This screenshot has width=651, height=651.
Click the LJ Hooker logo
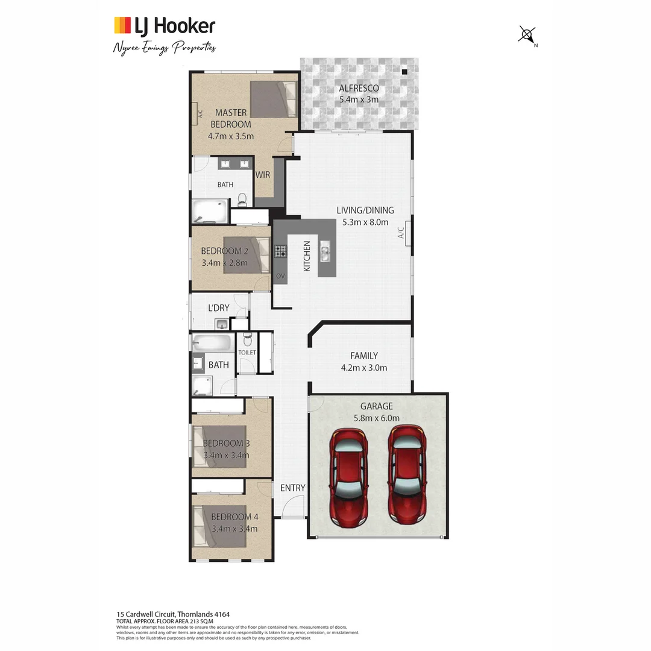point(164,26)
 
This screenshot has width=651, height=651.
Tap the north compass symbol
point(527,35)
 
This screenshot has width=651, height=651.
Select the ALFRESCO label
point(358,89)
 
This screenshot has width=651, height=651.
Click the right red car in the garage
point(406,474)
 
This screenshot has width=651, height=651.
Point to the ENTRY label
point(292,488)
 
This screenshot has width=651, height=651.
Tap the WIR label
point(262,175)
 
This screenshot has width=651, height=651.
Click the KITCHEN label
point(307,256)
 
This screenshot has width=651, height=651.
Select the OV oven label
point(280,276)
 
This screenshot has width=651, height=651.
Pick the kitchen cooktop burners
point(280,251)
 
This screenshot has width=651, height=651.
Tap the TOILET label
point(247,352)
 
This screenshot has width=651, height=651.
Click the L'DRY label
point(218,308)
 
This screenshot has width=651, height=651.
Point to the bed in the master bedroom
point(274,99)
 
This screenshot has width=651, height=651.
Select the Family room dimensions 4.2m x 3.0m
point(364,367)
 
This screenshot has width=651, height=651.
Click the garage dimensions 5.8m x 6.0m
point(376,418)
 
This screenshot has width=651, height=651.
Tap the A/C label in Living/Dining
point(401,233)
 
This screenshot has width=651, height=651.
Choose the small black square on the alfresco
point(404,72)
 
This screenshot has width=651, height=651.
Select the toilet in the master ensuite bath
point(242,199)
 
